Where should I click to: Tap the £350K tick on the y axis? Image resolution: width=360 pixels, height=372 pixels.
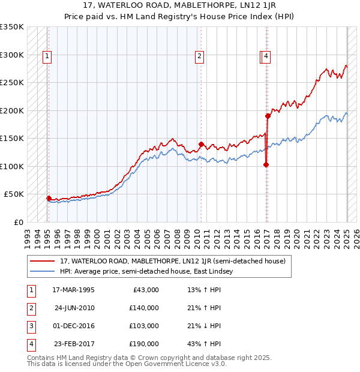coord(12,27)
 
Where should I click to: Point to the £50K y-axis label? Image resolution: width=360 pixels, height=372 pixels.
coord(14,194)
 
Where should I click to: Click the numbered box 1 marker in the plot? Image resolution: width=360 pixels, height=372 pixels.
coord(47,57)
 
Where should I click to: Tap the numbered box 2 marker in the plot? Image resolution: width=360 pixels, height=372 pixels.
coord(199,57)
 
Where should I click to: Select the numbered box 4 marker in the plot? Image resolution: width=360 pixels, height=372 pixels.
coord(266,57)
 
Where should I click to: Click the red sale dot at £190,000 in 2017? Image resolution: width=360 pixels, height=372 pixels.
coord(268,116)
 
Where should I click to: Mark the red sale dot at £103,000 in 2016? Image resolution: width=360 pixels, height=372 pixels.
coord(266,164)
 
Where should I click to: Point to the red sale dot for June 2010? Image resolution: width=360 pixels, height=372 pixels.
coord(202,144)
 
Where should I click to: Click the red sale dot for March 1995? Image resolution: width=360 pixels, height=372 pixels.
coord(49,197)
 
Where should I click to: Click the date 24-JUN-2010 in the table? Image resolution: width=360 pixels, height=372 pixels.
coord(74,308)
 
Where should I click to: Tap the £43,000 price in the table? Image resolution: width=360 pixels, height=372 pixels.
coord(145,290)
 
